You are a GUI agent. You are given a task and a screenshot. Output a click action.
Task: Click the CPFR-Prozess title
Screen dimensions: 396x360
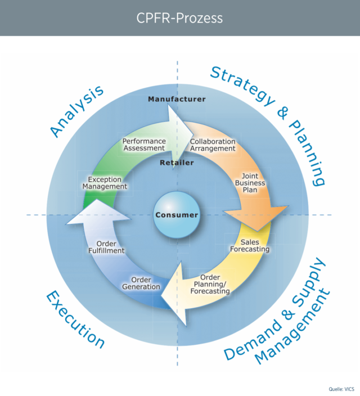(x=179, y=18)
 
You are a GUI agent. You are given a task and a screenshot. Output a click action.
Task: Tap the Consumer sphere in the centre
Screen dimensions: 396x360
(x=177, y=215)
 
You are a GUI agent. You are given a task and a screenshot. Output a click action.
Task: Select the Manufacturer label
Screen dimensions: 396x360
(x=177, y=100)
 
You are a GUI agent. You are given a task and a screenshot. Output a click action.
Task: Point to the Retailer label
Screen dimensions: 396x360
(x=177, y=163)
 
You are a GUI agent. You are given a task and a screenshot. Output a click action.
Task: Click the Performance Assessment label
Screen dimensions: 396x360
(x=144, y=145)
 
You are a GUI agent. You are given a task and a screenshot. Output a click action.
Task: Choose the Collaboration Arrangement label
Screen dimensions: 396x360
(x=212, y=145)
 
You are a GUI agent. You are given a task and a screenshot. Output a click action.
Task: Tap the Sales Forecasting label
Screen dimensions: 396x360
(x=251, y=246)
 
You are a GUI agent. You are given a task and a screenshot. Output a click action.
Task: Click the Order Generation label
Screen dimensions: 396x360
(x=141, y=283)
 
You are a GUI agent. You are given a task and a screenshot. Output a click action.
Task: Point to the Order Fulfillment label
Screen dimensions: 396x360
(x=106, y=246)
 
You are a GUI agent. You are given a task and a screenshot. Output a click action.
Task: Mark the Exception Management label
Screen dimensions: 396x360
(x=105, y=182)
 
